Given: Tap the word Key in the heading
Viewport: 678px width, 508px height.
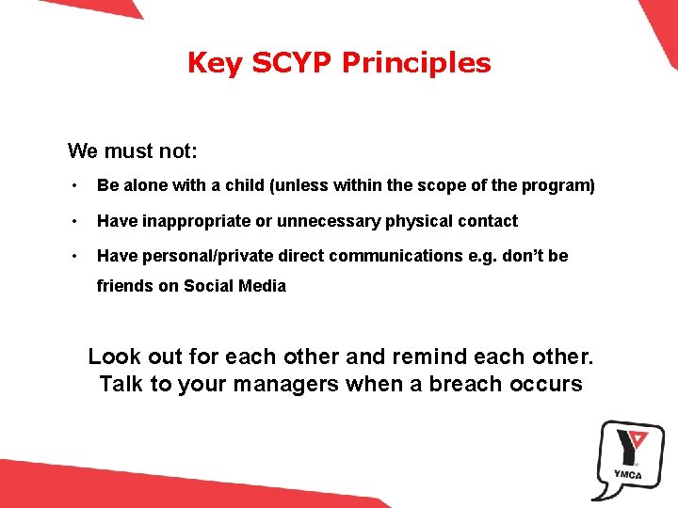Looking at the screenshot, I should coord(208,63).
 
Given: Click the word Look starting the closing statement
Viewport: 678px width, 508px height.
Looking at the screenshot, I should coord(113,357).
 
